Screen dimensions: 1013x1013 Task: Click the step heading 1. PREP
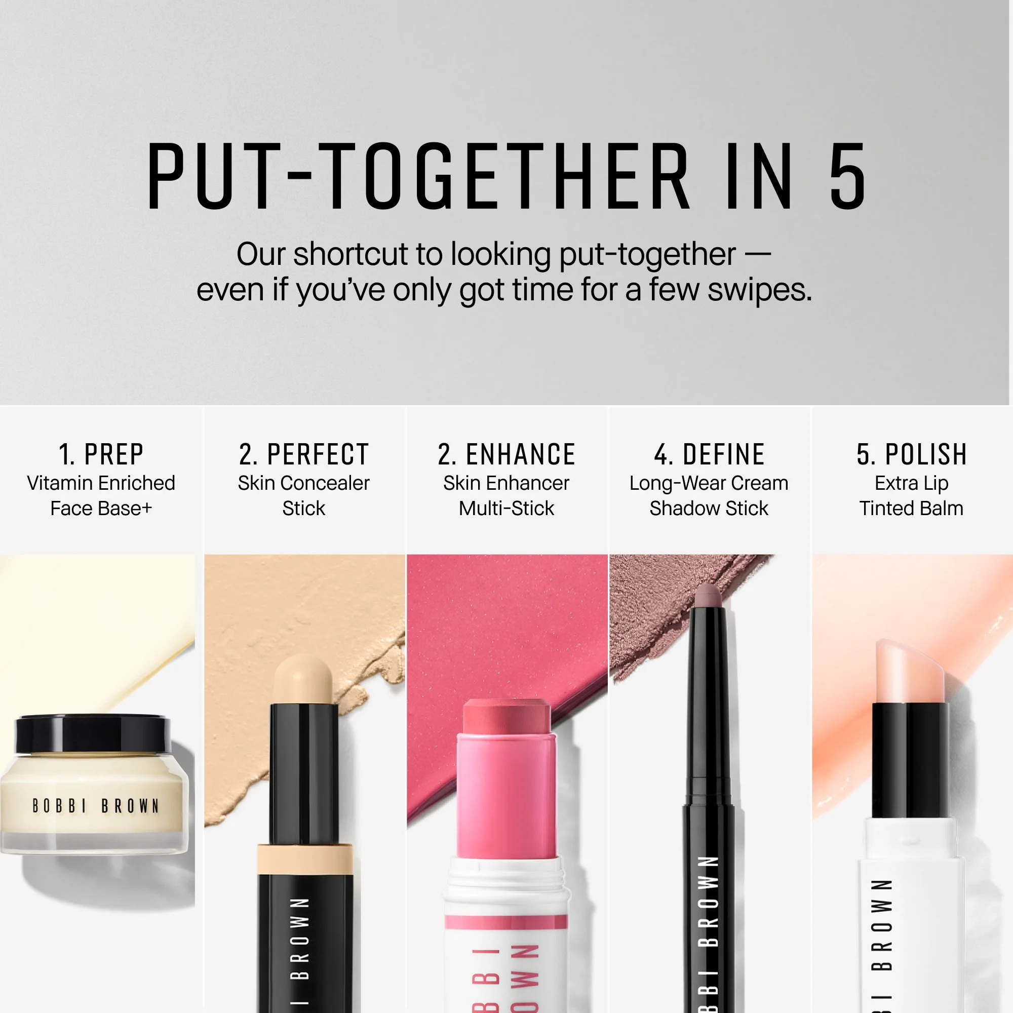tap(101, 454)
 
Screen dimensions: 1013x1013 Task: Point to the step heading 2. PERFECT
tap(304, 454)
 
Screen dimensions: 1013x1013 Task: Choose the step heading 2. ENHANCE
tap(506, 454)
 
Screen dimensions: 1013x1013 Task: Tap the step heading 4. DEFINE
tap(709, 454)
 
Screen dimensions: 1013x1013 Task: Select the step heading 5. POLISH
tap(912, 454)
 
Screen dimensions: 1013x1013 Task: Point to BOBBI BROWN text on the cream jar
tap(95, 806)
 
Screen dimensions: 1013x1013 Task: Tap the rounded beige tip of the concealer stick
tap(303, 680)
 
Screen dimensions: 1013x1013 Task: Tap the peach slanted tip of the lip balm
tap(910, 671)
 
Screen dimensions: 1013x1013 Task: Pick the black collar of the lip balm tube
tap(910, 760)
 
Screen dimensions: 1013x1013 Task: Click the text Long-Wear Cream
tap(709, 483)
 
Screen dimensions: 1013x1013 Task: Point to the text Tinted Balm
tap(911, 509)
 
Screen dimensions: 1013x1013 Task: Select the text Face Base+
tap(101, 509)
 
